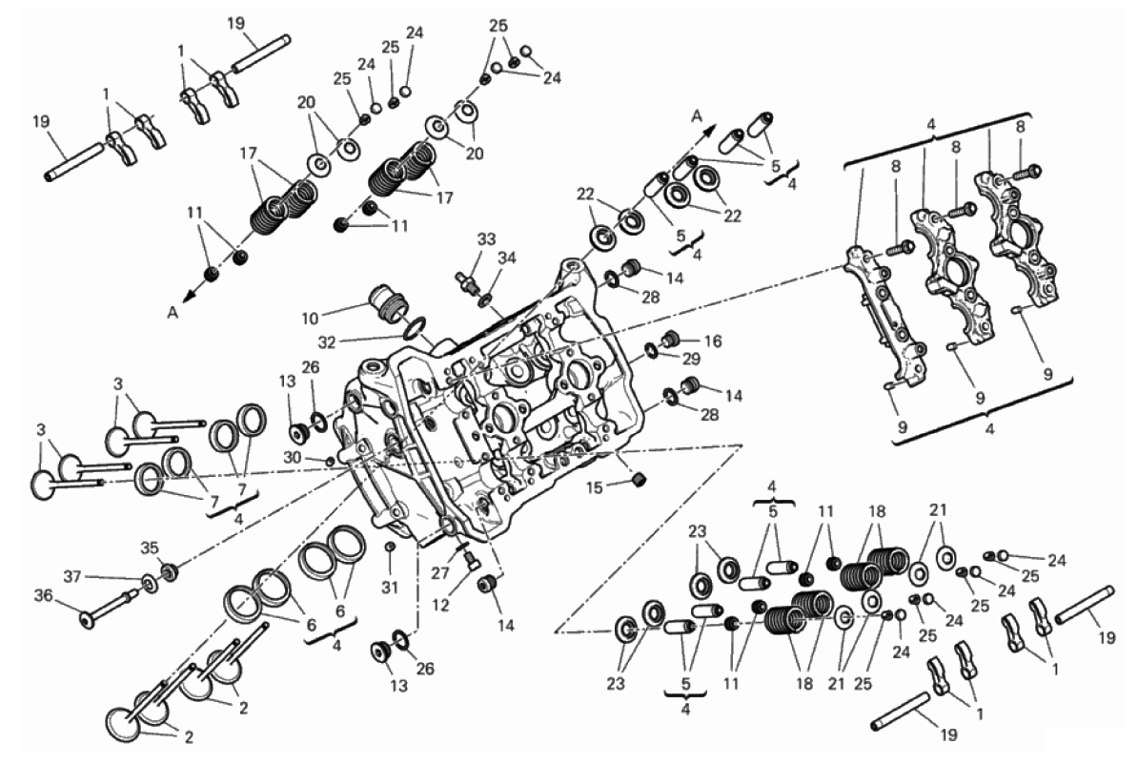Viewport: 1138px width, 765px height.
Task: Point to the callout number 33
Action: [x=487, y=239]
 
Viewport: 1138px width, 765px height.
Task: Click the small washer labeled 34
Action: [x=485, y=301]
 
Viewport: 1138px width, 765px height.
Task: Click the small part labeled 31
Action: [x=389, y=547]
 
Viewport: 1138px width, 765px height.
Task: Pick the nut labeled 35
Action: [x=171, y=572]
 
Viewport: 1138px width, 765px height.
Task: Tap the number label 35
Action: [x=149, y=548]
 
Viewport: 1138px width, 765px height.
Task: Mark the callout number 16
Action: [x=714, y=341]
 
